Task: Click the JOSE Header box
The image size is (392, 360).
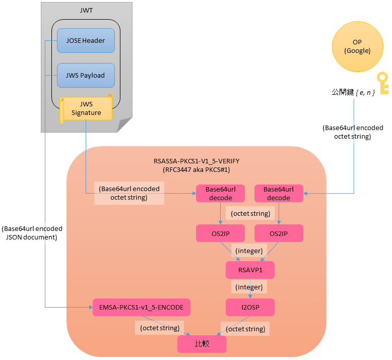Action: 86,41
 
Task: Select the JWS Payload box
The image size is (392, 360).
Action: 86,76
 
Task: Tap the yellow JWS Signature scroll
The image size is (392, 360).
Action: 86,109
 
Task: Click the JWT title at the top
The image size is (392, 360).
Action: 86,10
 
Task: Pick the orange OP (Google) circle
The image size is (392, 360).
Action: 357,46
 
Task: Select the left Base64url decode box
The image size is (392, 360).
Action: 220,194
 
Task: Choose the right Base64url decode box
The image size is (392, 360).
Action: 279,194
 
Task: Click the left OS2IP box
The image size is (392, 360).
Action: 220,233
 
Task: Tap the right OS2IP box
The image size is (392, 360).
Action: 279,233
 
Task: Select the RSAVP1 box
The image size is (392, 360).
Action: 250,270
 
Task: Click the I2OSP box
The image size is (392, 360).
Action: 250,307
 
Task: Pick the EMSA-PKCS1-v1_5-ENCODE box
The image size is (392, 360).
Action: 142,307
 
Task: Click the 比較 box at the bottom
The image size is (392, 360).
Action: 202,344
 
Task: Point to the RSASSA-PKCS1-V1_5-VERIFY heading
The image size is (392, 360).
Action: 197,161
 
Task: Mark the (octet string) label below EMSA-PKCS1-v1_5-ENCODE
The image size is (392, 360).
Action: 159,328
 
